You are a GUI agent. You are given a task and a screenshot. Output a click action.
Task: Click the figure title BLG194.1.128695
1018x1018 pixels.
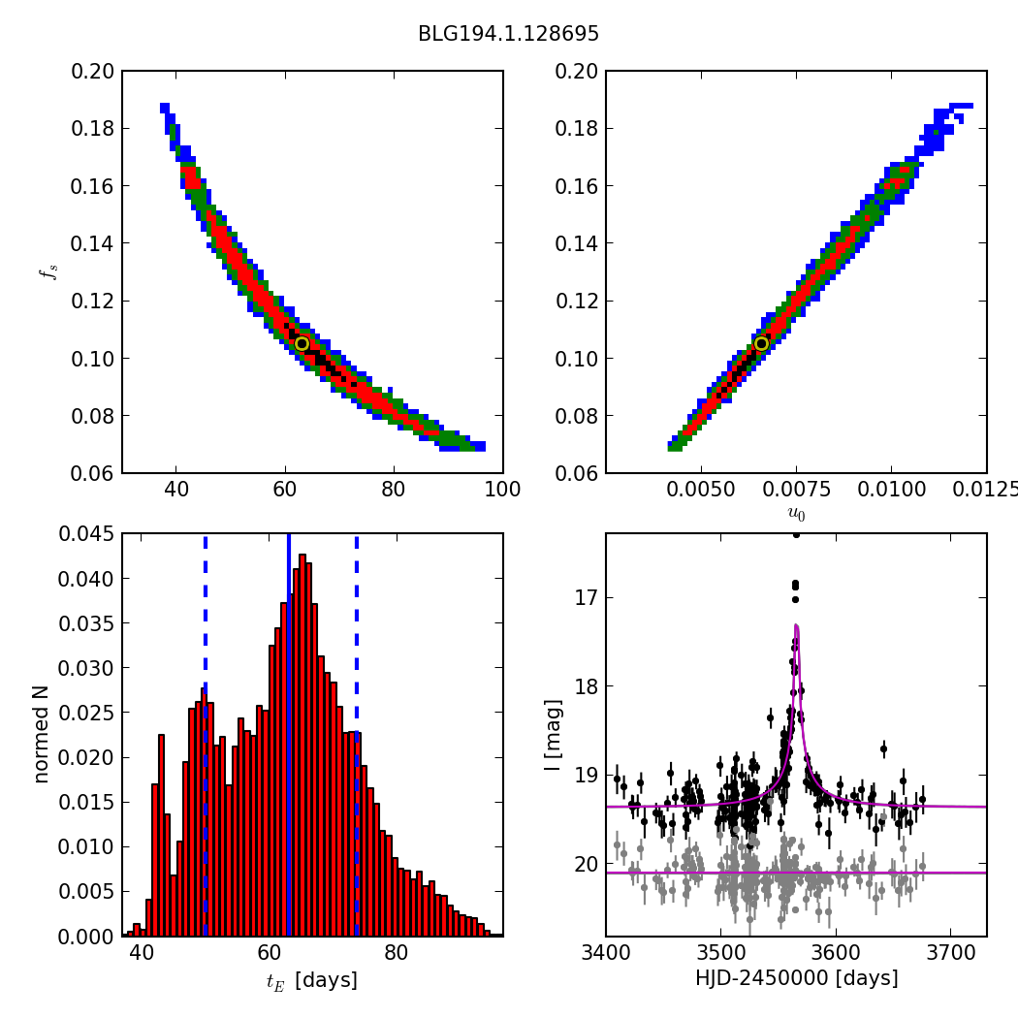click(508, 34)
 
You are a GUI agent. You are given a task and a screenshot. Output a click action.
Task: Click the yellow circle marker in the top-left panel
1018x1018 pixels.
click(302, 343)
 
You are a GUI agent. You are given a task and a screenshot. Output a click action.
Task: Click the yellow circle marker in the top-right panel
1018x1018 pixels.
click(761, 343)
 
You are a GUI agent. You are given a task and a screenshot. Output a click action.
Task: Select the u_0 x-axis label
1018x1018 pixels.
click(796, 514)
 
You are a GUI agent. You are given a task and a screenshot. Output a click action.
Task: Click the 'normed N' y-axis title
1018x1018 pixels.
click(41, 734)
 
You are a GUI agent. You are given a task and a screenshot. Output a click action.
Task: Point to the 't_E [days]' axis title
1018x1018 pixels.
click(312, 980)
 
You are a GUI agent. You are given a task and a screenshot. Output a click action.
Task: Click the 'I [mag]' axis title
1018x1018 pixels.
click(553, 735)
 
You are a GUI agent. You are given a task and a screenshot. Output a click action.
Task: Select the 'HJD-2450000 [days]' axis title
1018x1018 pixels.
click(796, 978)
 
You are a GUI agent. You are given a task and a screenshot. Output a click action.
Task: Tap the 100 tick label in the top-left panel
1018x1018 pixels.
click(502, 489)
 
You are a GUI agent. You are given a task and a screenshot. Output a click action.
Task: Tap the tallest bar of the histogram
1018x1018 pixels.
click(302, 747)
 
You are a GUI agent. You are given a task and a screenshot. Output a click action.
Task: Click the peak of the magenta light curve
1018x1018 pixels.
click(796, 626)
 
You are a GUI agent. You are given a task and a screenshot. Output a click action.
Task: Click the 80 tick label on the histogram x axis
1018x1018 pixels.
click(396, 952)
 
